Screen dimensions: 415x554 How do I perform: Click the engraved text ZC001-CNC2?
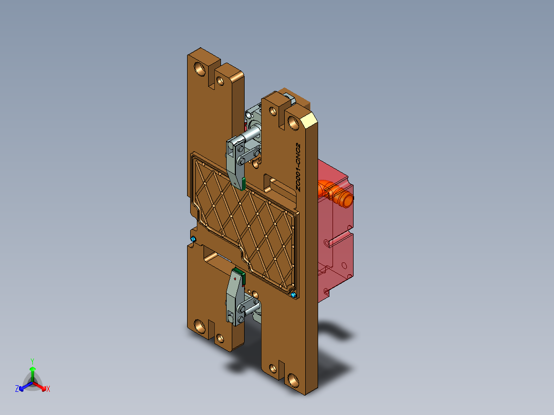coord(298,167)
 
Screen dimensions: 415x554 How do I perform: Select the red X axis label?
coord(48,389)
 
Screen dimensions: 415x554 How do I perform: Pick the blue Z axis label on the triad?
coord(17,389)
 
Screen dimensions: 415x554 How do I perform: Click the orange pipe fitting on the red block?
coord(336,194)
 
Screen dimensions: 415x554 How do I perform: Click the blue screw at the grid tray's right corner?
coord(293,294)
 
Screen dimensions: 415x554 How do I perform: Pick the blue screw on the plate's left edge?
coord(193,240)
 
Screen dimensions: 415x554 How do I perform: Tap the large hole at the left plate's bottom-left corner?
coord(198,325)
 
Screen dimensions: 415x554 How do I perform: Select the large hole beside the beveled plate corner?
coord(294,122)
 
